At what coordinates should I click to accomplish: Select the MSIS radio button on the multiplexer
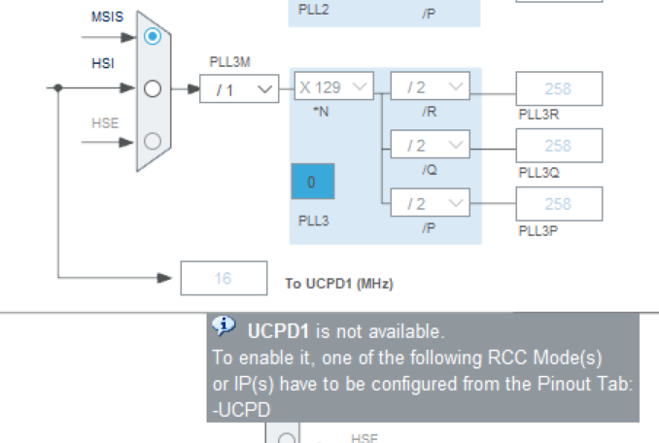pyautogui.click(x=152, y=36)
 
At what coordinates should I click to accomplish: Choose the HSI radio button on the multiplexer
pyautogui.click(x=152, y=88)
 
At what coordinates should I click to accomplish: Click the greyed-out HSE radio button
pyautogui.click(x=152, y=141)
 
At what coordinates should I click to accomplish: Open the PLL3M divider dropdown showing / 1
pyautogui.click(x=239, y=89)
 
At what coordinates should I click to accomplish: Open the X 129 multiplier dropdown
pyautogui.click(x=333, y=87)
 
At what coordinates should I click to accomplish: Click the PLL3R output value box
pyautogui.click(x=559, y=89)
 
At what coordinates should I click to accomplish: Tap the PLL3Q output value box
pyautogui.click(x=559, y=146)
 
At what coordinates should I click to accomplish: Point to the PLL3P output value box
pyautogui.click(x=559, y=204)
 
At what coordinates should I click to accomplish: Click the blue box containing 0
pyautogui.click(x=312, y=183)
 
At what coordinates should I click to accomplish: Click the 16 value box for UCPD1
pyautogui.click(x=224, y=279)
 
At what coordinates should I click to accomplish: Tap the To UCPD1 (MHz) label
pyautogui.click(x=338, y=284)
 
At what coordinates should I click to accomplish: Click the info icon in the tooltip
pyautogui.click(x=224, y=325)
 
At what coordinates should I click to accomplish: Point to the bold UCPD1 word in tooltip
pyautogui.click(x=273, y=330)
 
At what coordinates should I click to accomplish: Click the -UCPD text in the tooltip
pyautogui.click(x=240, y=411)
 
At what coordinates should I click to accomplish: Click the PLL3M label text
pyautogui.click(x=230, y=61)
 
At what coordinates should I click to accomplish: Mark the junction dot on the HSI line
pyautogui.click(x=58, y=88)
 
